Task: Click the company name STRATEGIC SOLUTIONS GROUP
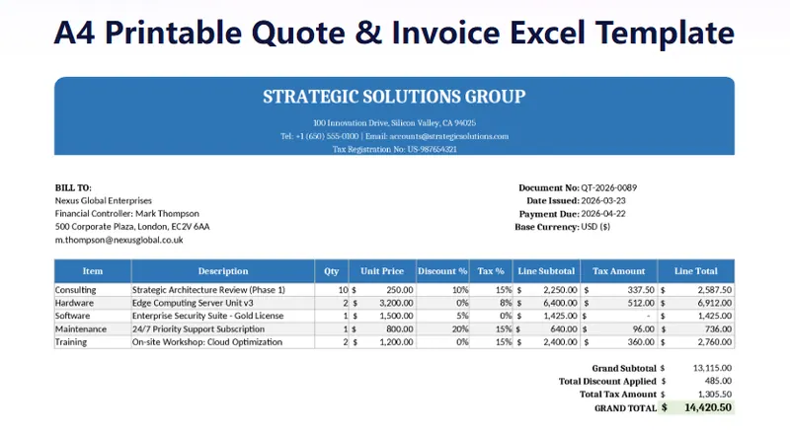394,97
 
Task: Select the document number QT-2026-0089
608,187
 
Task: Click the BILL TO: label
73,187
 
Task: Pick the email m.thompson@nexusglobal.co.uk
118,240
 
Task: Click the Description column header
222,271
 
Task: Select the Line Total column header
696,271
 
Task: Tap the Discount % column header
441,271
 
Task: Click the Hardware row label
74,303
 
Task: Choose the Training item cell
72,341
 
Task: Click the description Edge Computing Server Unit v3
197,303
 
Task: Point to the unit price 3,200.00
392,303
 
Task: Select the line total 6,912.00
711,303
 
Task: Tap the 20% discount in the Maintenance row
459,328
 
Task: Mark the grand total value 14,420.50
704,406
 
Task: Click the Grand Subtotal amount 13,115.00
711,367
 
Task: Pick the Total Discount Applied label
607,380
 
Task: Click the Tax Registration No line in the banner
394,149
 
